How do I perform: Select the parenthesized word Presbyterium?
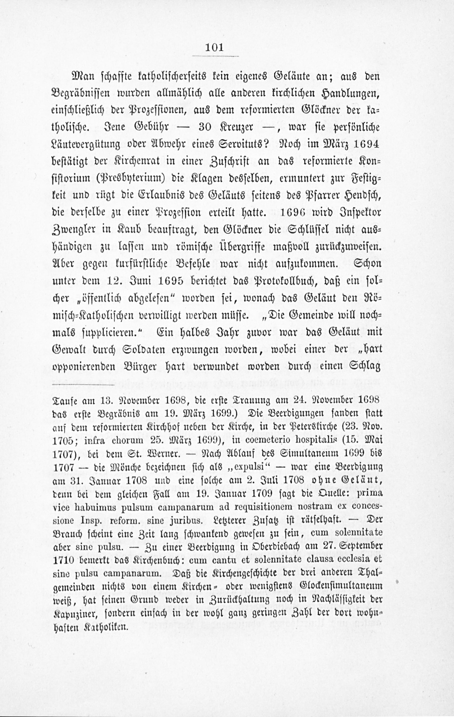[x=136, y=179]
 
